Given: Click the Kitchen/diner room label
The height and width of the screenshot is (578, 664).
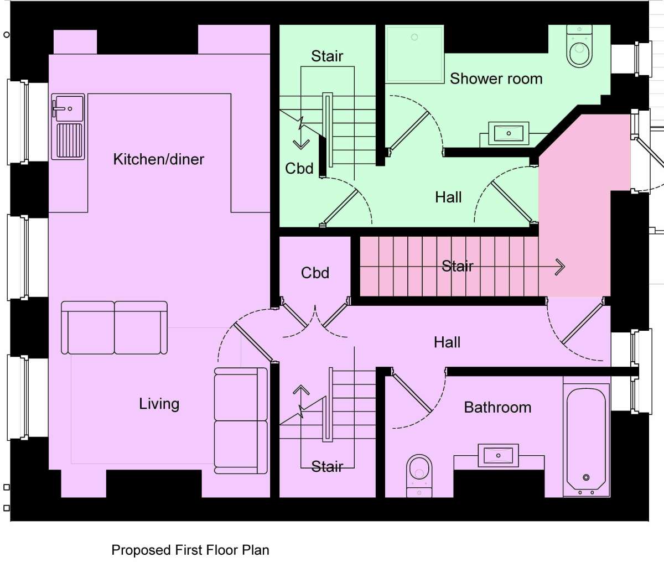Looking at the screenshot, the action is [x=158, y=159].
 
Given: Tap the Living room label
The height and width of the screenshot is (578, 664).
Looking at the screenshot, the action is [x=159, y=404].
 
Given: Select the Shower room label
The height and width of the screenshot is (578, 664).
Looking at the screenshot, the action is [x=496, y=79].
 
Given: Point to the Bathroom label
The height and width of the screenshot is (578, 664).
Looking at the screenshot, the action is [x=497, y=408].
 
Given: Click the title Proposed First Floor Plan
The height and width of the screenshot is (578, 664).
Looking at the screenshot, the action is [x=190, y=550].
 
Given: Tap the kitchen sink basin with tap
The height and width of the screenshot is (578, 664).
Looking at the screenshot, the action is [x=68, y=108].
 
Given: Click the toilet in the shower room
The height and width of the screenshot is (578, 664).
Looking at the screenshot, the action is [x=579, y=46].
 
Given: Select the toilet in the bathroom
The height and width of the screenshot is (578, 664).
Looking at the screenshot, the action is [x=419, y=476].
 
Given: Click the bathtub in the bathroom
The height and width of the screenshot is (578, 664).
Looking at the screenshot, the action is [x=586, y=440].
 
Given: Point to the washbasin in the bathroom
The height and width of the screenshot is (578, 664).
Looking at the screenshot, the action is [x=498, y=456].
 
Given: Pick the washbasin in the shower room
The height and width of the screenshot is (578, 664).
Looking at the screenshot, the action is [x=509, y=133].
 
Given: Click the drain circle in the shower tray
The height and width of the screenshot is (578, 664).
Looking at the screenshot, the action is [x=414, y=37].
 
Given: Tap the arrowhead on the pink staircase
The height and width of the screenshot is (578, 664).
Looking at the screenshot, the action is [x=561, y=267].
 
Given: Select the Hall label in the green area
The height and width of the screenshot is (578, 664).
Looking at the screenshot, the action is [x=448, y=197].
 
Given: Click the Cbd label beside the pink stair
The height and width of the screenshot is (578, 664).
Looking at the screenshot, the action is [x=315, y=273].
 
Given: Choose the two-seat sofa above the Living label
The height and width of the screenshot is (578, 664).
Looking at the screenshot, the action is [x=114, y=327].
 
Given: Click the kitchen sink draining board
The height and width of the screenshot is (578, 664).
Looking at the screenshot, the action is [x=70, y=140].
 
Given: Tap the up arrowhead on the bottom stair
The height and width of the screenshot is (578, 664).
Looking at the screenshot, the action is [x=301, y=389].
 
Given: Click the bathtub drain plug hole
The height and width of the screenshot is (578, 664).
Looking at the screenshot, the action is [x=586, y=477].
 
